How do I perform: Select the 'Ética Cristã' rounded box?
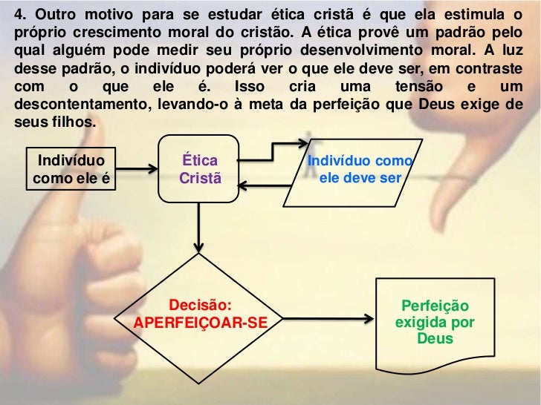[x=199, y=169]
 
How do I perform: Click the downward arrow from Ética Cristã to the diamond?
[x=199, y=226]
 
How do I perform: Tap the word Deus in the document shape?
[x=435, y=339]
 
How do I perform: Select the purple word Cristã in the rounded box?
[x=200, y=178]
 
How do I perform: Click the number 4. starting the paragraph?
[x=20, y=15]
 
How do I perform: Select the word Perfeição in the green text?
[x=435, y=306]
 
